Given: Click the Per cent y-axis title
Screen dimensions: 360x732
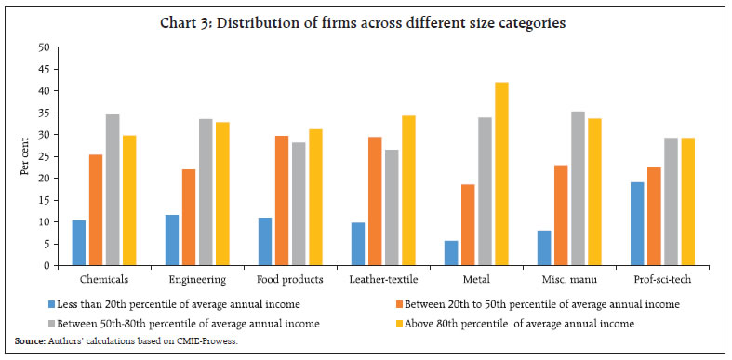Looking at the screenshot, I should [17, 156].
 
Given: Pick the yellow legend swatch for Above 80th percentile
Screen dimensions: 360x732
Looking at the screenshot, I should [393, 323].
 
